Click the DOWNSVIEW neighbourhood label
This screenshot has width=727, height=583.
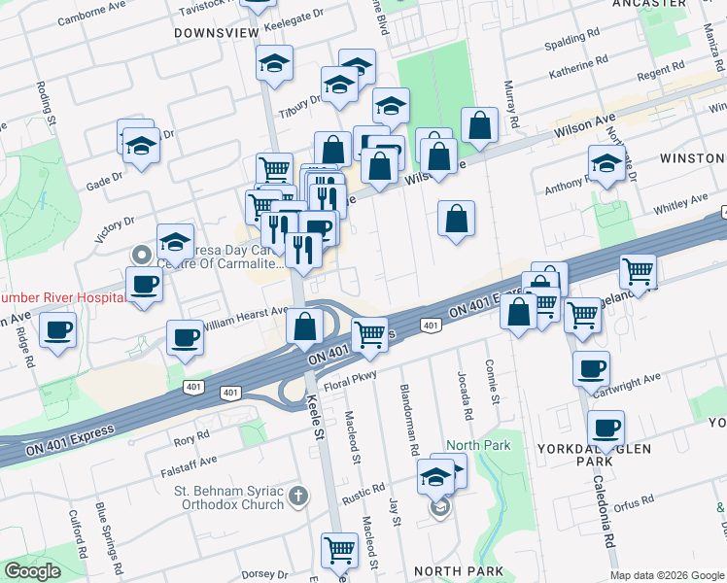pos(216,33)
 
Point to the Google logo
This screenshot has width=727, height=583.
pos(33,571)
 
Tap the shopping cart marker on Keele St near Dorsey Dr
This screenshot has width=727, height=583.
pos(340,550)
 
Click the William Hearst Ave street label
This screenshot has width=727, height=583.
pos(247,313)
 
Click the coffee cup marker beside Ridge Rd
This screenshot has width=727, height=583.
pos(58,330)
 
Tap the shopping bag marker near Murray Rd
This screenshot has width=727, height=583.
pos(479,124)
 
